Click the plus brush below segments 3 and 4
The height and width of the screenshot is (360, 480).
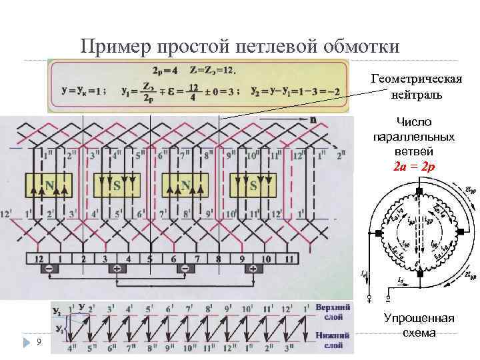point(117,269)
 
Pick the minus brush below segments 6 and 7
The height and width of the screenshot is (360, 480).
point(185,269)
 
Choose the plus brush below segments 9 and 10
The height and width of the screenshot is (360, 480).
point(253,269)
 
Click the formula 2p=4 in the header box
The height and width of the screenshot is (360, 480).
point(165,69)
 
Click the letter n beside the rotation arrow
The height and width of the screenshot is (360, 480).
point(313,119)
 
